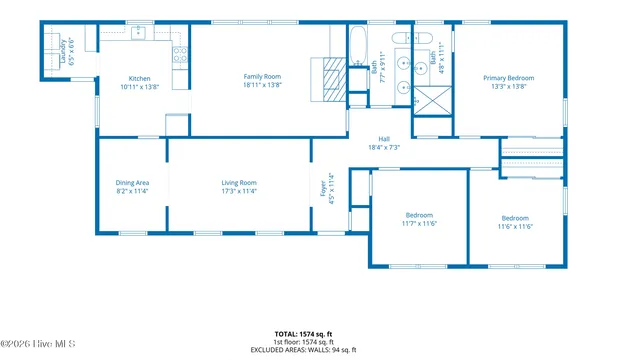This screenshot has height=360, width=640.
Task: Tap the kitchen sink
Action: pyautogui.click(x=138, y=34)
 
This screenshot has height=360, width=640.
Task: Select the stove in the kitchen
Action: pyautogui.click(x=180, y=56)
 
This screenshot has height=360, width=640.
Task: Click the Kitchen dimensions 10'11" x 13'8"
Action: pyautogui.click(x=139, y=87)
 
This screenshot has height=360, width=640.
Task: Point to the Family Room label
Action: pyautogui.click(x=263, y=76)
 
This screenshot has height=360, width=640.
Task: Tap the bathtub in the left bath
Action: pyautogui.click(x=358, y=44)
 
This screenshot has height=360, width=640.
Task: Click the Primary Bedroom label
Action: pyautogui.click(x=508, y=78)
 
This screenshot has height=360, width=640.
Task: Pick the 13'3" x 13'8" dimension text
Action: pyautogui.click(x=508, y=87)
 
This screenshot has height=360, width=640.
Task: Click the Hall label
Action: pyautogui.click(x=384, y=139)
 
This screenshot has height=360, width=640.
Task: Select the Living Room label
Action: pyautogui.click(x=239, y=182)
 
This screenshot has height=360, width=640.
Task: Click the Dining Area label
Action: pyautogui.click(x=132, y=182)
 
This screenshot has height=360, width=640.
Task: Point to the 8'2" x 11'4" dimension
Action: pyautogui.click(x=132, y=191)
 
